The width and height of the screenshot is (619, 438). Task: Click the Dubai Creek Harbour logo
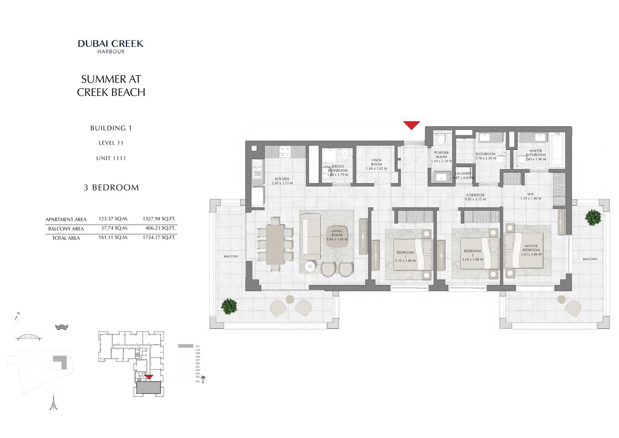[x=111, y=46]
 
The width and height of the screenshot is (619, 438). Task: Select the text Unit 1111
[x=111, y=158]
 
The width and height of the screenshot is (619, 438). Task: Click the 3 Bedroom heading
[x=111, y=188]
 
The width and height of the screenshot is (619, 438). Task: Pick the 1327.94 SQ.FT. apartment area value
[x=159, y=219]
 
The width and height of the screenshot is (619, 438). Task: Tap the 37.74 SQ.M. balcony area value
[x=114, y=228]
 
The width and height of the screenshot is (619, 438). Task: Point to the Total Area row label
[x=66, y=238]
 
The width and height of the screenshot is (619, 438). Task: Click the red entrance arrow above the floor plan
[x=411, y=125]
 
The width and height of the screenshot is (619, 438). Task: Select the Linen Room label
[x=376, y=162]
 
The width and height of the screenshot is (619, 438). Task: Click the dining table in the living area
[x=275, y=244]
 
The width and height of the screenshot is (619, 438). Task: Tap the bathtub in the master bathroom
[x=558, y=150]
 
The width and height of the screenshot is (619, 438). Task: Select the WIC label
[x=531, y=195]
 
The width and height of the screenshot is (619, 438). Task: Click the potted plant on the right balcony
[x=593, y=217]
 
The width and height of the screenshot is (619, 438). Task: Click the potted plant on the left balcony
[x=229, y=306]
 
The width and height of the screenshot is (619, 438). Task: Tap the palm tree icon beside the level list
[x=203, y=379]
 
